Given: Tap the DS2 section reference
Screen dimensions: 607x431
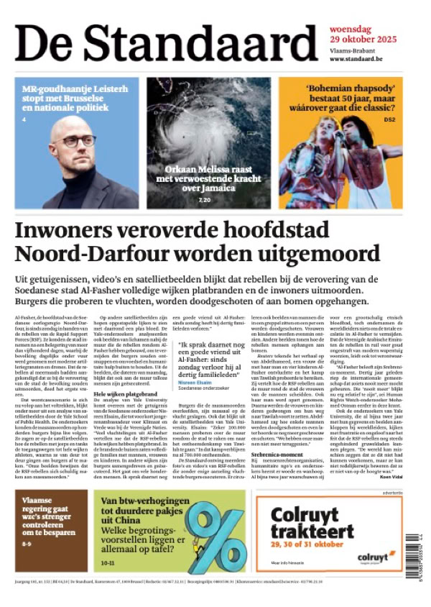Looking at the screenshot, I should (x=389, y=119).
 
